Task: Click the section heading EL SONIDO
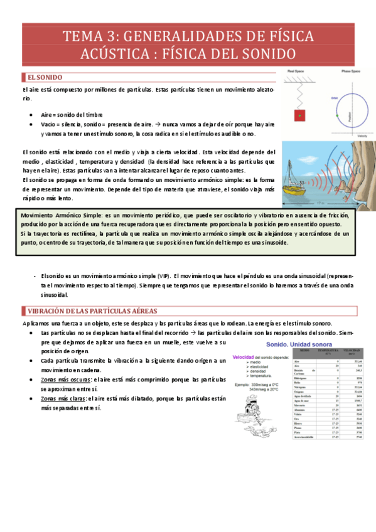tap(45, 77)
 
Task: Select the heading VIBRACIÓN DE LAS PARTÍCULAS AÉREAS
tap(92, 311)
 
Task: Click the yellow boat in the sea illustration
tap(294, 184)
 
